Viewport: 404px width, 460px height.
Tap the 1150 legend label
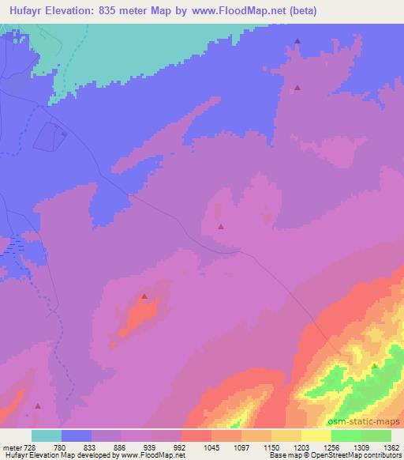point(271,447)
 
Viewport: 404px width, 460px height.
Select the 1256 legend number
point(330,447)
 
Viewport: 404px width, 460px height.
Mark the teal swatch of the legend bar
point(47,435)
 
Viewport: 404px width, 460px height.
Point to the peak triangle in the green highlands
point(374,365)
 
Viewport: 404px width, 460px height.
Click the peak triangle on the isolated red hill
point(144,296)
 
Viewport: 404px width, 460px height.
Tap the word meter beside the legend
point(12,447)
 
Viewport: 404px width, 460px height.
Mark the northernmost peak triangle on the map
point(297,41)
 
